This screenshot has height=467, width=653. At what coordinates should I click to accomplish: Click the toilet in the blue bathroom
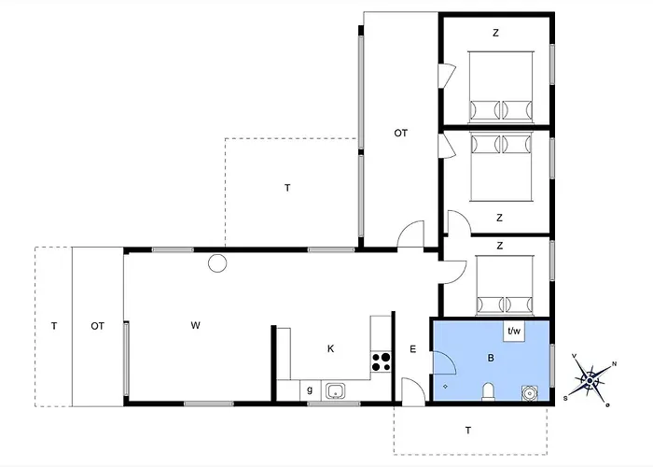click(488, 392)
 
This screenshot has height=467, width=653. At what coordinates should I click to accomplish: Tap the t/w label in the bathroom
click(514, 332)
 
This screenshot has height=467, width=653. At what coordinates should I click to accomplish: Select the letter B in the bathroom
click(491, 358)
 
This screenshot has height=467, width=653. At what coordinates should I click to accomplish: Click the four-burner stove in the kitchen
click(381, 362)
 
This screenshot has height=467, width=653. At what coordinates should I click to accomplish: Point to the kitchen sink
click(336, 392)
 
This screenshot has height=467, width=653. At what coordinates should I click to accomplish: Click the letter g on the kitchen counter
click(310, 390)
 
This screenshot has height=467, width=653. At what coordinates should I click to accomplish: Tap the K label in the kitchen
click(330, 348)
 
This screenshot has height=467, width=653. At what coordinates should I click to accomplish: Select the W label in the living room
click(195, 325)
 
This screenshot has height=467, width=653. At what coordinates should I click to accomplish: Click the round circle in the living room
click(217, 263)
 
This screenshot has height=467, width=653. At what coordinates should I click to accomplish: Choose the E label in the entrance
click(412, 349)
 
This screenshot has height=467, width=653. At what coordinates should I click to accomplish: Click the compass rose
click(590, 380)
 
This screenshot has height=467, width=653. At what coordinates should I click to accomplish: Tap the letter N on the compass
click(614, 364)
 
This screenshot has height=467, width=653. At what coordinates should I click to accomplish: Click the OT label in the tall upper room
click(400, 133)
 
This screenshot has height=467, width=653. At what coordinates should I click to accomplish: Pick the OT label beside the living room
click(97, 326)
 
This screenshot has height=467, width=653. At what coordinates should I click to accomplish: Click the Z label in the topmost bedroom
click(495, 33)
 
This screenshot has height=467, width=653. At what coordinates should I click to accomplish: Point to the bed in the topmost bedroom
click(501, 87)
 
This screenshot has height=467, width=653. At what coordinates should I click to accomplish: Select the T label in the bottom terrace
click(468, 431)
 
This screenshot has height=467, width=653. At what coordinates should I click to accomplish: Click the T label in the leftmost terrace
click(54, 326)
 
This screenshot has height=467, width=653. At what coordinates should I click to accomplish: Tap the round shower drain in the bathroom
click(530, 393)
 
